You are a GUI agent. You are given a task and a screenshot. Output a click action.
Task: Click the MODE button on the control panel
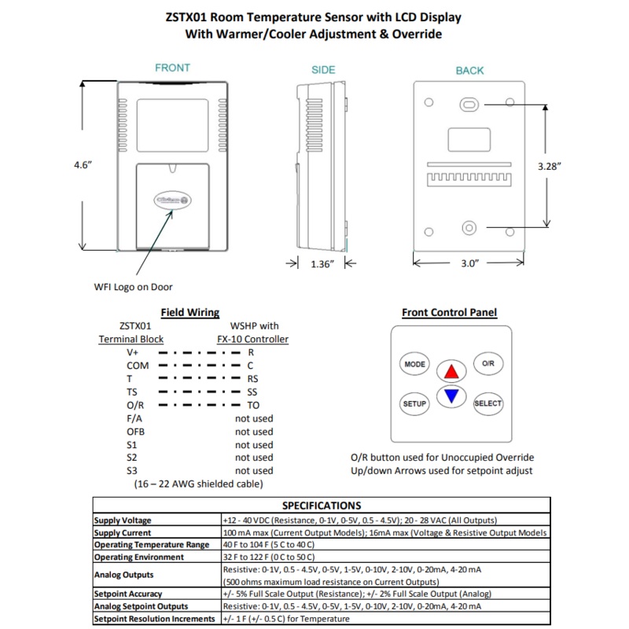[x=414, y=365]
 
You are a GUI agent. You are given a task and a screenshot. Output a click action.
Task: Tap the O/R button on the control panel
[x=487, y=363]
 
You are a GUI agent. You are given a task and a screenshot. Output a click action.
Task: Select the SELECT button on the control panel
[x=487, y=403]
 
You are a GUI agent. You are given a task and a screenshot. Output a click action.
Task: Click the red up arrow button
[x=451, y=371]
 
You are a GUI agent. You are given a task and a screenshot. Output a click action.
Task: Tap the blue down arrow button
[x=451, y=396]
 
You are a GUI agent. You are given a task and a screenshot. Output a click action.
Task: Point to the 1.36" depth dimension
[x=323, y=264]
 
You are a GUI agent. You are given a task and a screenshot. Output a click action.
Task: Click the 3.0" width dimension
[x=469, y=264]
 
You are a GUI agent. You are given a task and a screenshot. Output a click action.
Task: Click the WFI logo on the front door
[x=170, y=201]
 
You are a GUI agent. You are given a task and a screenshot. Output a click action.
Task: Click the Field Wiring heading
[x=189, y=312]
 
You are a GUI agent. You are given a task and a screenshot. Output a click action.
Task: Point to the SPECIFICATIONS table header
[x=321, y=506]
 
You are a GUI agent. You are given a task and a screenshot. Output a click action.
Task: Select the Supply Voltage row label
[x=123, y=520]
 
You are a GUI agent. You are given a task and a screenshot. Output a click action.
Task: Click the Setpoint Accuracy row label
[x=128, y=594]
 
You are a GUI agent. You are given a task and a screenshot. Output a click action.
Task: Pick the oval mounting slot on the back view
[x=469, y=104]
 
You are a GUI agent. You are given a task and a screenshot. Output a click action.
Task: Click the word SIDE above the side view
[x=323, y=70]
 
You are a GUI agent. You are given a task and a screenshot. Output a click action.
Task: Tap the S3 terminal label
[x=131, y=470]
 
